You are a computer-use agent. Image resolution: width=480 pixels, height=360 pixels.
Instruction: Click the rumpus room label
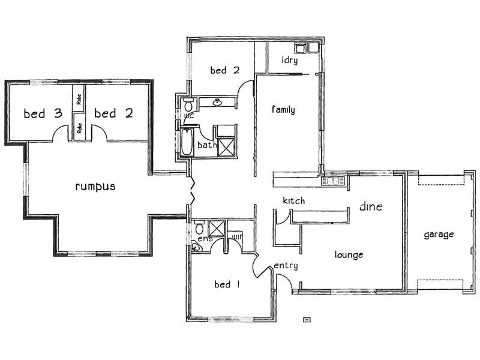pos(95,187)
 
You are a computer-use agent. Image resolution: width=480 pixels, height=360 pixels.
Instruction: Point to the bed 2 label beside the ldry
pos(225,70)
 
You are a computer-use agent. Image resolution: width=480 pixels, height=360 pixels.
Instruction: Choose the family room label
pos(283,110)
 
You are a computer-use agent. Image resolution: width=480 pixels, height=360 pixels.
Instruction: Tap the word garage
pos(438,235)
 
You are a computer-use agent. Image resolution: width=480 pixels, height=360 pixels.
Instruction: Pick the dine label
pos(371,207)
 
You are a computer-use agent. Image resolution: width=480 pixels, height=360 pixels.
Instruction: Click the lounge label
pos(349,255)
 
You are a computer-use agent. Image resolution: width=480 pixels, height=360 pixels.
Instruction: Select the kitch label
pos(294,200)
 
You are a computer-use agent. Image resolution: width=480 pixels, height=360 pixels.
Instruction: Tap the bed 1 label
pos(227,284)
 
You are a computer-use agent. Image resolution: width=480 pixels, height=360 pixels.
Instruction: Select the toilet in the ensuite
pos(199,229)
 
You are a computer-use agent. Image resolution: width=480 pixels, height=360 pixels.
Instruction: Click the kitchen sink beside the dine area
pos(332,179)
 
